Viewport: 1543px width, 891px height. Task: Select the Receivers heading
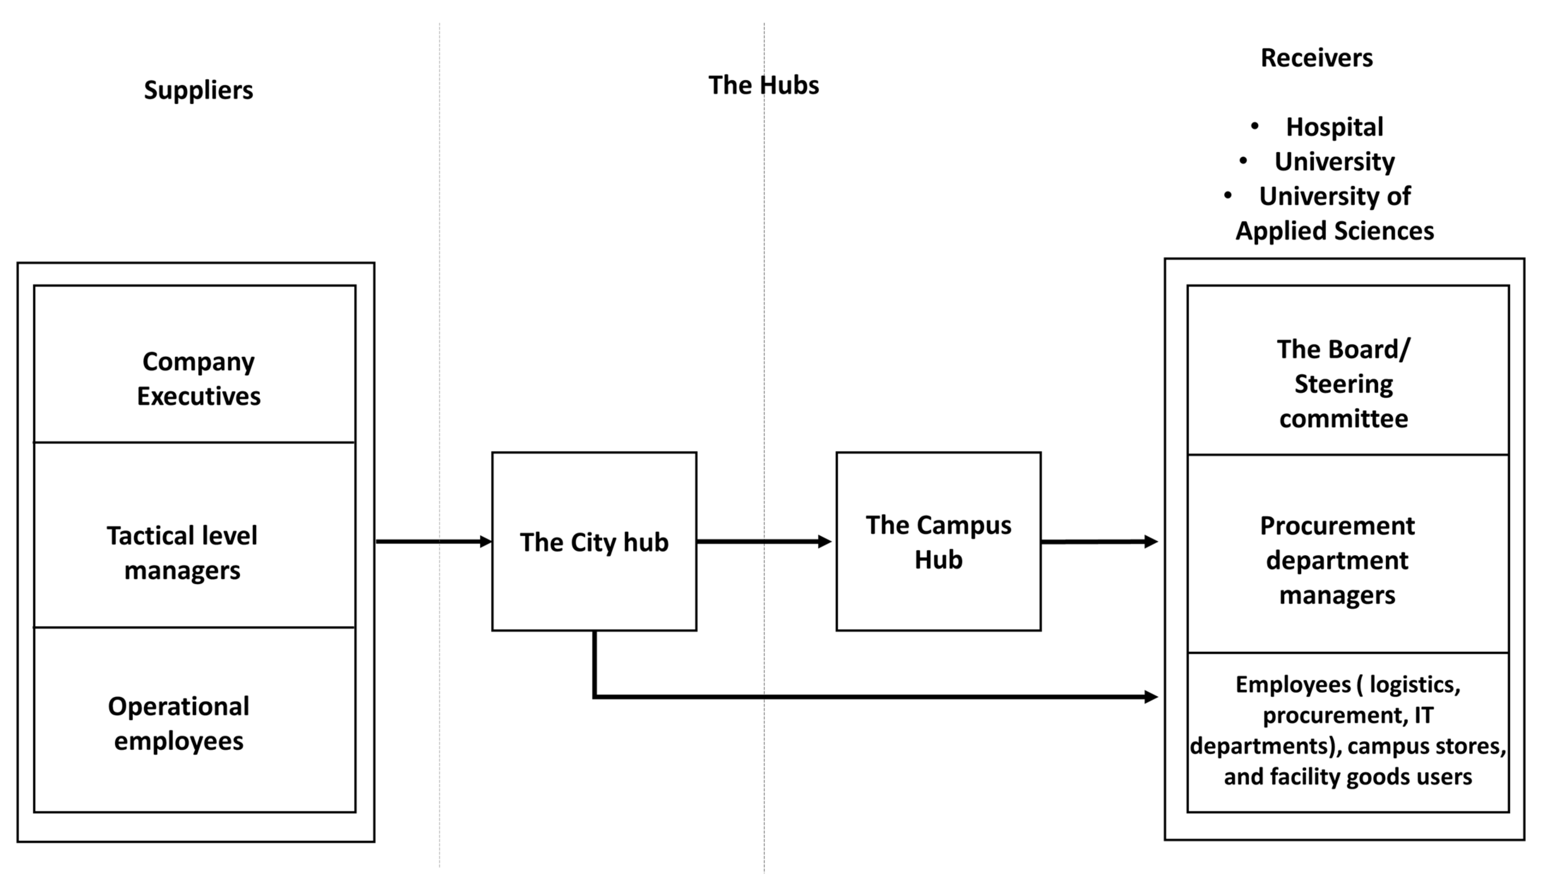[1316, 58]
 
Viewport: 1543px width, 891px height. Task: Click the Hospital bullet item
[1334, 127]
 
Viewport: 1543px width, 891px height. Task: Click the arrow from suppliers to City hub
[433, 541]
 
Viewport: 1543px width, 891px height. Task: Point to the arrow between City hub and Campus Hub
[764, 541]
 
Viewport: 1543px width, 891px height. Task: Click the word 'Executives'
[199, 396]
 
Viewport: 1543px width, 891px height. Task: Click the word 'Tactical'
[143, 536]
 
